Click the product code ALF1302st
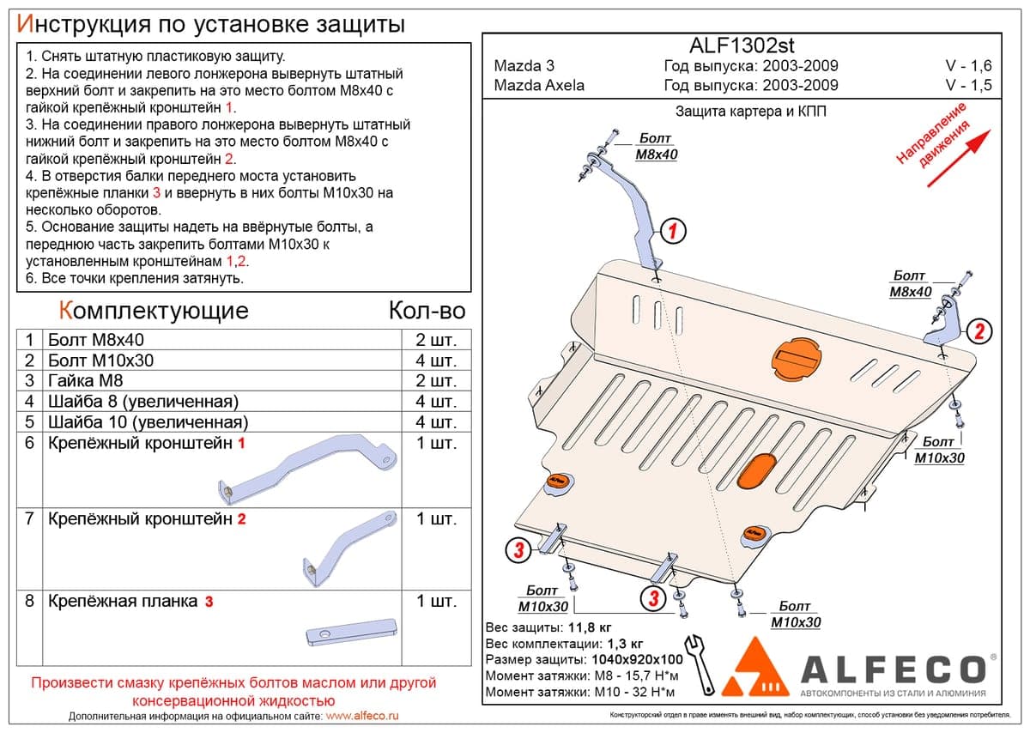(742, 45)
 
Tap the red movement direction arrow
(958, 159)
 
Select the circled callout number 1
(673, 231)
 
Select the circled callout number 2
(979, 331)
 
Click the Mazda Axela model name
(539, 86)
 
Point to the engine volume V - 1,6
(968, 66)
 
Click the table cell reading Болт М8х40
(96, 340)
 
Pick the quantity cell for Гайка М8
(436, 381)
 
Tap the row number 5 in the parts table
(29, 421)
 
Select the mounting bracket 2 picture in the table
(348, 548)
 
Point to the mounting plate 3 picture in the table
(351, 633)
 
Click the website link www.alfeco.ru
(362, 716)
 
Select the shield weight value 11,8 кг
(590, 627)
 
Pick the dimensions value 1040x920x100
(637, 659)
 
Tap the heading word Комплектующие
(154, 311)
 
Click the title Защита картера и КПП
(750, 112)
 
